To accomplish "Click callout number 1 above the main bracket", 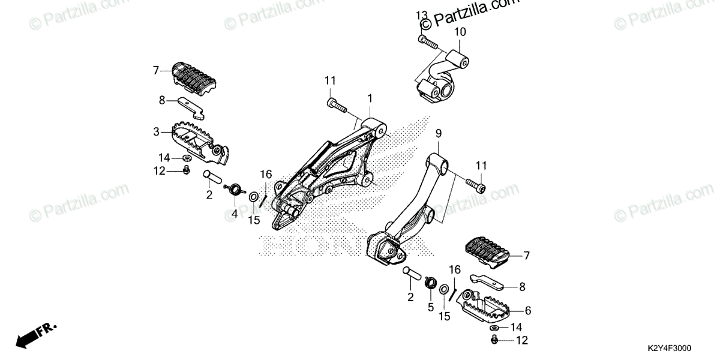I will [370, 97].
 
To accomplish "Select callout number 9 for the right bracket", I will [439, 133].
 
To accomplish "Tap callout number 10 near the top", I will [459, 31].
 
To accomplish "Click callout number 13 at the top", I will [422, 14].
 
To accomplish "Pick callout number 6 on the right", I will [528, 310].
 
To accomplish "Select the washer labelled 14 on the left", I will [187, 158].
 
